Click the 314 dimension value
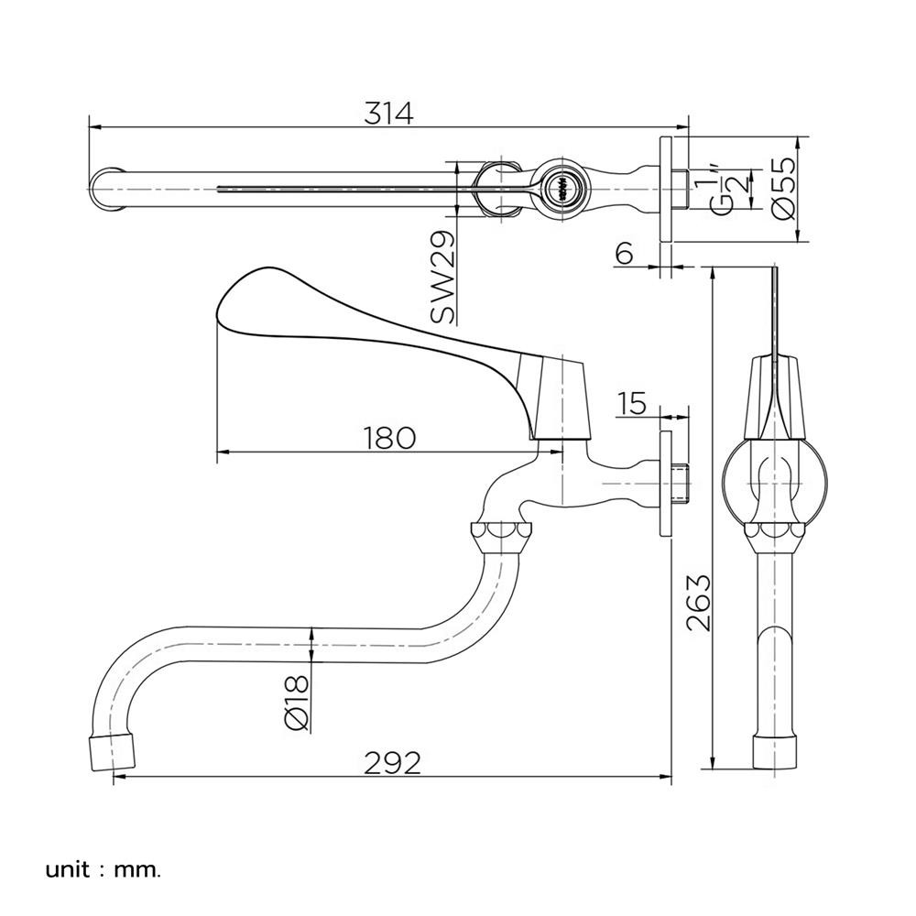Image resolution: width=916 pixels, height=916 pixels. click(389, 113)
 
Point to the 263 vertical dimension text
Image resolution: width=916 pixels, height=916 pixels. click(698, 603)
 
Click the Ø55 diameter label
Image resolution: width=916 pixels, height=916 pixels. click(784, 191)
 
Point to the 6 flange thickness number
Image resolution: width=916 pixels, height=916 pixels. click(624, 254)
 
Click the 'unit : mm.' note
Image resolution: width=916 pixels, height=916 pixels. click(103, 868)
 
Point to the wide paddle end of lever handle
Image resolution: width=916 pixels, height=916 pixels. click(256, 298)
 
